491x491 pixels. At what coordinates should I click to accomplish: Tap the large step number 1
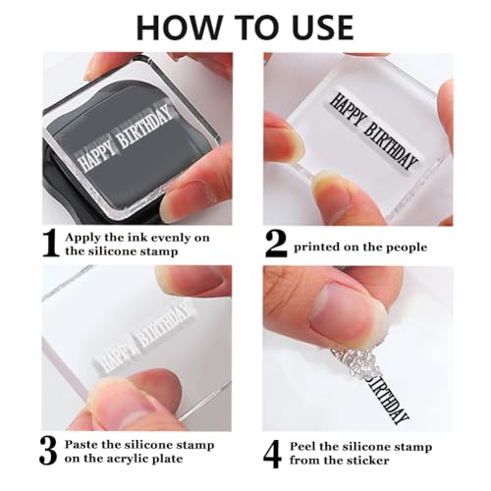coord(51,244)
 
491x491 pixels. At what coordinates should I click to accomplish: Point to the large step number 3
coord(49,452)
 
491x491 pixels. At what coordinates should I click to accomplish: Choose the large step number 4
coord(272,454)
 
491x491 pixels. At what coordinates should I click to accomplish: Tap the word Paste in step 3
coord(82,445)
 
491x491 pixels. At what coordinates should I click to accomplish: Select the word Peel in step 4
coord(302,447)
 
